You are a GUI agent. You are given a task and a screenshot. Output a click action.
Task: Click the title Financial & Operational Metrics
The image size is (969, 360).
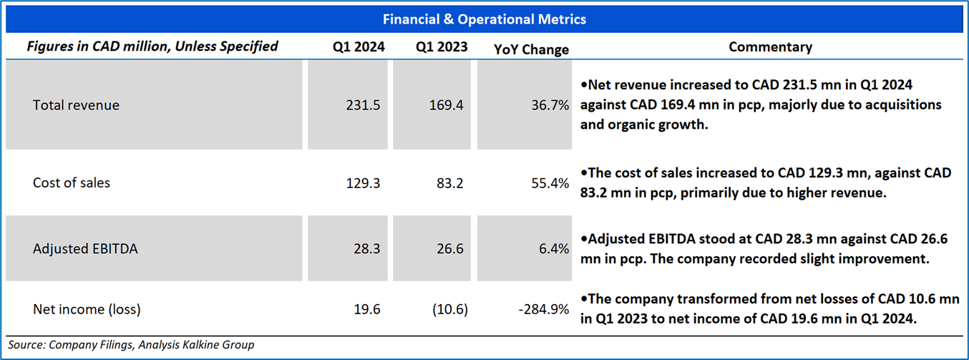[x=484, y=19]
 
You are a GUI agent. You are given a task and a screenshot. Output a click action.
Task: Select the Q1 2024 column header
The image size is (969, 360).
[x=359, y=47]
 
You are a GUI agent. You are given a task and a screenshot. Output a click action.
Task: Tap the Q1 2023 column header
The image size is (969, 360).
[x=442, y=47]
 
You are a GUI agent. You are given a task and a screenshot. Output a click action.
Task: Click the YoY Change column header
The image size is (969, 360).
[x=532, y=49]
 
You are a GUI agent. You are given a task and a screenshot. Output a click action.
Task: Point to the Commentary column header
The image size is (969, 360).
[x=770, y=47]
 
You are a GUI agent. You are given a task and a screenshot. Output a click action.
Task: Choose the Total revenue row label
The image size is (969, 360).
[x=76, y=105]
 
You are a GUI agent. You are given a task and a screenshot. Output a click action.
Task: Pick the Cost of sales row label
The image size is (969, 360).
[x=72, y=183]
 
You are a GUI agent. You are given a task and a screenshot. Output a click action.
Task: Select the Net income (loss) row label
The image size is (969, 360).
[x=87, y=310]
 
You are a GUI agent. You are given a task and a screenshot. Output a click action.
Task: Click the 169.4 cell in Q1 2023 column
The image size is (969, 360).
[x=445, y=105]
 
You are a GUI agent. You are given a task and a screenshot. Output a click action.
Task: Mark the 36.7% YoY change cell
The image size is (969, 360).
[x=550, y=105]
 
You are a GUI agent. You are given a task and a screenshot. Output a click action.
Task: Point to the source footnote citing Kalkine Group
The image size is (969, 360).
[x=132, y=345]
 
